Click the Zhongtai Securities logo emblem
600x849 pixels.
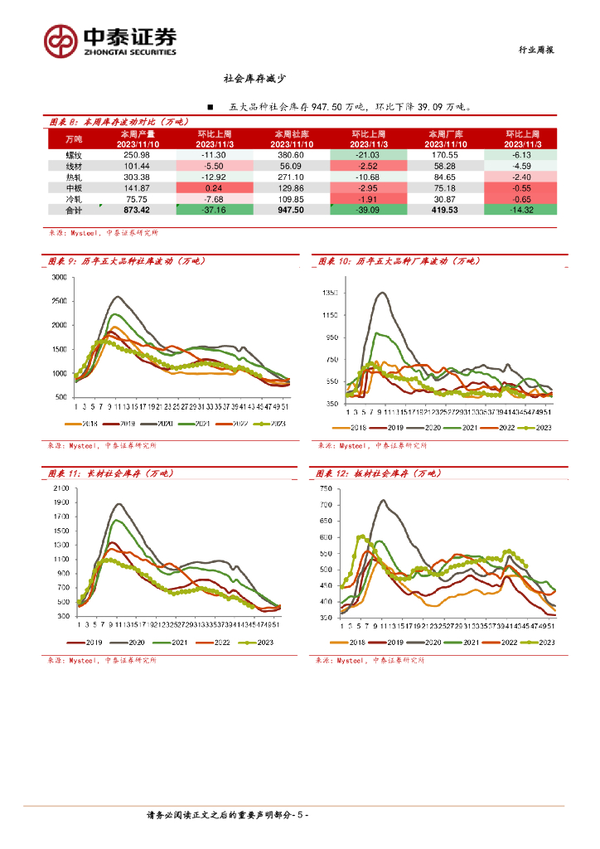point(60,39)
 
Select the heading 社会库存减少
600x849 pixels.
point(255,79)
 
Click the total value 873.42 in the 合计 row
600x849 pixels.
point(136,211)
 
